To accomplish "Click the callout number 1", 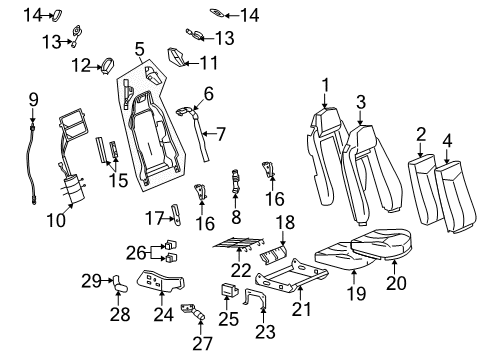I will click(x=324, y=84).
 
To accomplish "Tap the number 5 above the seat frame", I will click(x=139, y=47).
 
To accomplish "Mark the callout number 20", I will click(x=400, y=265).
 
